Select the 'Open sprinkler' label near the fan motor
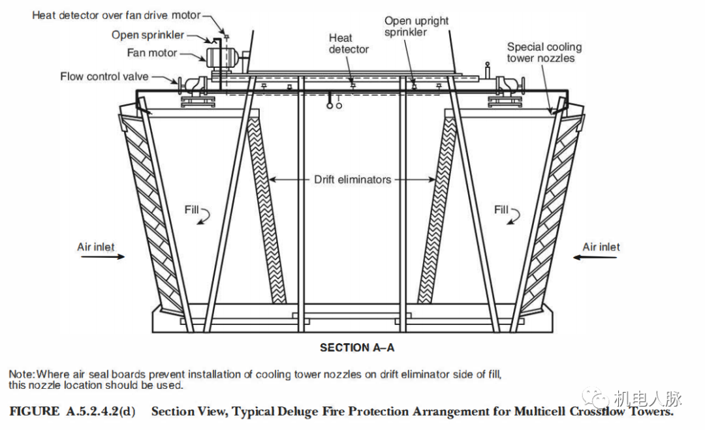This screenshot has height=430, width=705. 148,35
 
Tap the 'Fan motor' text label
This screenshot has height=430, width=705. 152,53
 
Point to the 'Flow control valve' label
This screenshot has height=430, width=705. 104,76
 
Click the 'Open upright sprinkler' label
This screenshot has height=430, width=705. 416,26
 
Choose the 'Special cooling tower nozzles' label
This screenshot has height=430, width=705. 544,52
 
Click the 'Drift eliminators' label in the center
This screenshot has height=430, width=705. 352,179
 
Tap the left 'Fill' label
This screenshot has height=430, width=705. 191,209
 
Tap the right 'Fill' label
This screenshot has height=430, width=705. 501,209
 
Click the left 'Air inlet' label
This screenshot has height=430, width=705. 96,247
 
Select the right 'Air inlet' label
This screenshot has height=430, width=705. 601,247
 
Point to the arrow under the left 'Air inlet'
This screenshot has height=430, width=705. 102,257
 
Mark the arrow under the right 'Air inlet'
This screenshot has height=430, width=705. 594,257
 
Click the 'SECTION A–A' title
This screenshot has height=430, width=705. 356,348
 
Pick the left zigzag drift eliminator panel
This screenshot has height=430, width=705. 266,209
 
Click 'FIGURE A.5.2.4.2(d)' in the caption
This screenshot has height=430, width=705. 72,412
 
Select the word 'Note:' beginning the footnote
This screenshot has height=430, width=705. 22,375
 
